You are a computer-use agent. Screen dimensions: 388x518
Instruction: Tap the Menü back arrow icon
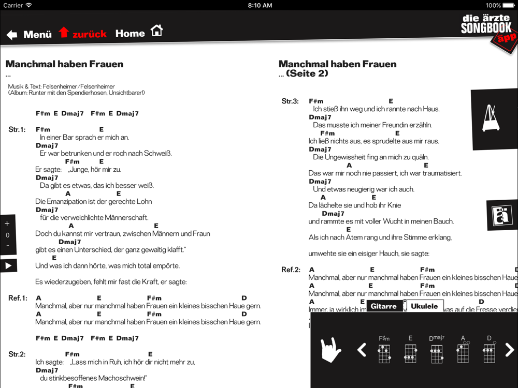[12, 35]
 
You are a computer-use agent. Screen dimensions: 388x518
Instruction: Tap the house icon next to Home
[156, 31]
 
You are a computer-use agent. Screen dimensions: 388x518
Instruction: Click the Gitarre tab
[384, 306]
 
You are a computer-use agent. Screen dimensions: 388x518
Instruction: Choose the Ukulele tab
[424, 306]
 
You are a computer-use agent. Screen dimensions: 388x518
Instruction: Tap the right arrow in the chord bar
[510, 350]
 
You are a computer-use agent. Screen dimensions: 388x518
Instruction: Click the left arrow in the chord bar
[362, 350]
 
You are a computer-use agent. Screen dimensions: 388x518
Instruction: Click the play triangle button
[8, 265]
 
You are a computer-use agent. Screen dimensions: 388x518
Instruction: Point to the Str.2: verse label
[17, 354]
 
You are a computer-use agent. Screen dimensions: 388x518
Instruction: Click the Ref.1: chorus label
[17, 298]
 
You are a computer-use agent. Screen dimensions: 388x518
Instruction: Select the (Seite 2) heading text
[307, 74]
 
